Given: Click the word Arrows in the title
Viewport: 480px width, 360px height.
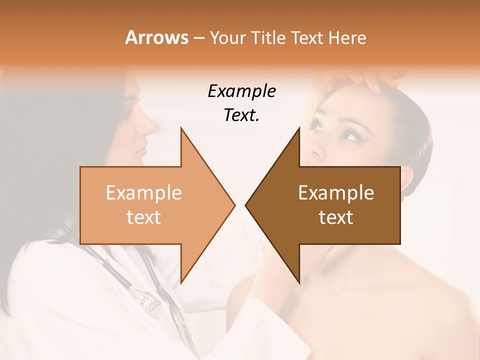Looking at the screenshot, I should click(x=156, y=37).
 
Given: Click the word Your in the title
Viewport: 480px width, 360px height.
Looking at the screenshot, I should click(x=227, y=38).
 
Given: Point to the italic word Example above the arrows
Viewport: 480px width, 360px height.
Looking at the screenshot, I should click(x=241, y=91).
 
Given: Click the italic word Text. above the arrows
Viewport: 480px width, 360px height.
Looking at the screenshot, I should click(x=241, y=115).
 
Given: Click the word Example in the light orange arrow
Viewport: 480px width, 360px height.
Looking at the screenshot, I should click(x=144, y=193).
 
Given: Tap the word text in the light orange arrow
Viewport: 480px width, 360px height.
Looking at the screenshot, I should click(x=144, y=217).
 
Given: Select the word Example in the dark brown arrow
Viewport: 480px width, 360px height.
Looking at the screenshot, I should click(x=336, y=193).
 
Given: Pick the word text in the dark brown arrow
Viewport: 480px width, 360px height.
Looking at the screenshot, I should click(x=336, y=217).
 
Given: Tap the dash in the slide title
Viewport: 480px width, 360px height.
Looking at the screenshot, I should click(x=198, y=38).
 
